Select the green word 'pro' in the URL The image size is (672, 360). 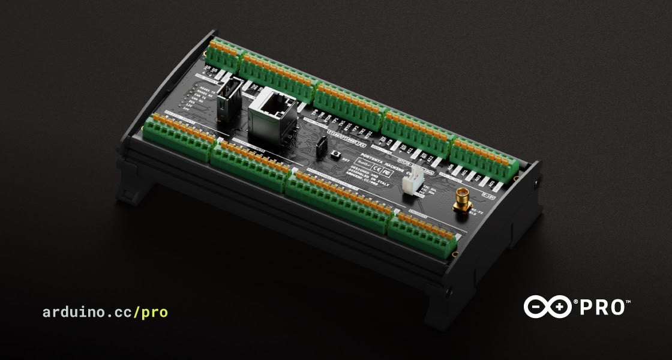pos(155,312)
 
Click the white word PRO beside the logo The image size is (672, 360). pos(603,307)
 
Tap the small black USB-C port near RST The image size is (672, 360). pos(322,145)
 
